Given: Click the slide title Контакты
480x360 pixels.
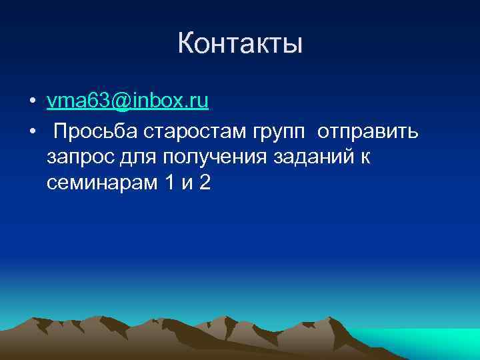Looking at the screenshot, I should coord(240,44).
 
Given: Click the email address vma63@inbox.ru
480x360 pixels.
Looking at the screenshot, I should coord(128,101).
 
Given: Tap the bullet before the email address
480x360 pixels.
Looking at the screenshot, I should coord(32,102).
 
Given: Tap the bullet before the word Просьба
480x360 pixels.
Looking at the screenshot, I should coord(32,133).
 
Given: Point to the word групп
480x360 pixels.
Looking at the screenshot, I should coord(279,133).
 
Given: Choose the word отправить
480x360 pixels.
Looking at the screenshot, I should coord(368,132).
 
